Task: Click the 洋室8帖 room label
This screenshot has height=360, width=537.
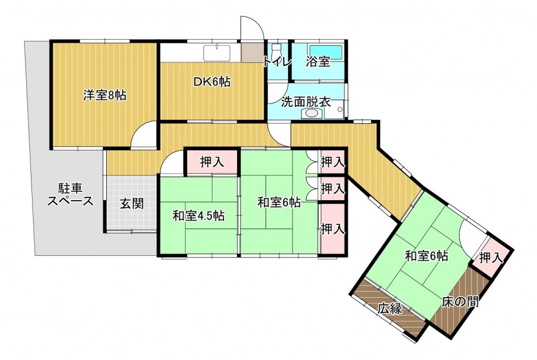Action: point(105,95)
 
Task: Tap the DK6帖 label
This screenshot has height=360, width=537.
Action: point(212,82)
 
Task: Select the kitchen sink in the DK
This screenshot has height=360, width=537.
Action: point(218,53)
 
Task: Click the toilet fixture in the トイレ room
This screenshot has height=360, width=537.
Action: point(276,51)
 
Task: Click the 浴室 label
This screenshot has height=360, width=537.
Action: point(318,62)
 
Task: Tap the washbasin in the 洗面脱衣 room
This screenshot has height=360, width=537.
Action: point(312,113)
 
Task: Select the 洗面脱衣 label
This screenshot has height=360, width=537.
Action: point(306,102)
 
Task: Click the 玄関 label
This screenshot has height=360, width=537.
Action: point(132,204)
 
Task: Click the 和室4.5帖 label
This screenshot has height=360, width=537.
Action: point(199,216)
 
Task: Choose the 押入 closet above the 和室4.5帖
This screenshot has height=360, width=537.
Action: point(212,162)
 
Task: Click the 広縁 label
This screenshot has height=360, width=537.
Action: point(390,309)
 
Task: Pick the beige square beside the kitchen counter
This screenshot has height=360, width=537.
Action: point(253,52)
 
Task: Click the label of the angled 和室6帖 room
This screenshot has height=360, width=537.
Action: point(426,256)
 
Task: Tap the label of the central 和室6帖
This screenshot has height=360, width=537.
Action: point(279,203)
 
